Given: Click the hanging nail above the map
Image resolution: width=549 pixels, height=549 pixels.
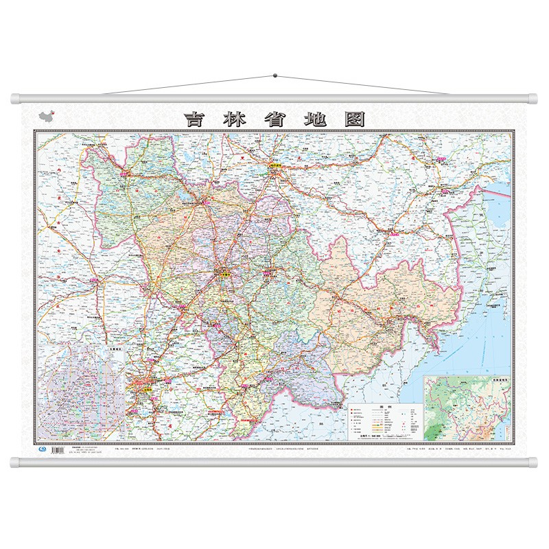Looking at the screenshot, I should pos(274,73).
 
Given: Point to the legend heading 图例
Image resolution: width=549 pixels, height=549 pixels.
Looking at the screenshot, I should pos(376,405).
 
